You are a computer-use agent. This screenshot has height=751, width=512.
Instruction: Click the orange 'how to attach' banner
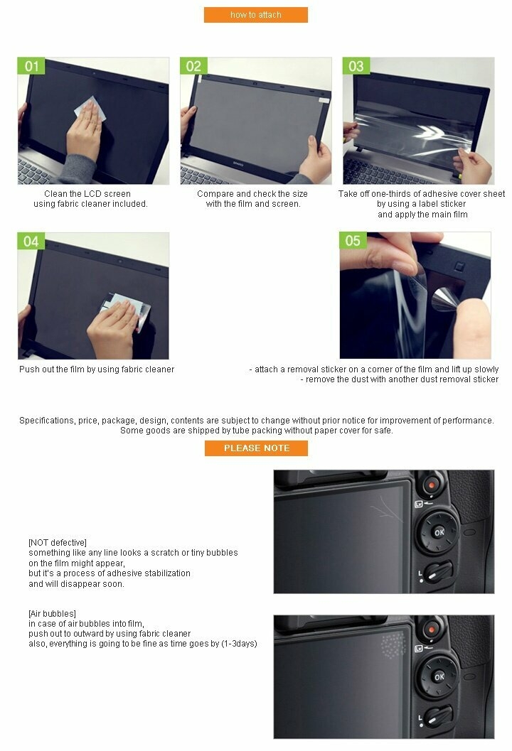pos(255,15)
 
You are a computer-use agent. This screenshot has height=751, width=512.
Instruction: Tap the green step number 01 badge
pos(31,65)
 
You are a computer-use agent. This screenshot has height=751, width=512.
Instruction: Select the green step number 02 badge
pos(193,65)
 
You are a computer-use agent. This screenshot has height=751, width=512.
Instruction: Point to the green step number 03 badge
pos(356,65)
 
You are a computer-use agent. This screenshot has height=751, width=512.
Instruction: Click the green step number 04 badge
pos(31,241)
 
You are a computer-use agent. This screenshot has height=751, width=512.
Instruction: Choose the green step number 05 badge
pos(353,240)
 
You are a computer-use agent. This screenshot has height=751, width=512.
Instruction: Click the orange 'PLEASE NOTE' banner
pos(256,448)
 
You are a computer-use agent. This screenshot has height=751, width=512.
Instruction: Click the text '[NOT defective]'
pos(58,543)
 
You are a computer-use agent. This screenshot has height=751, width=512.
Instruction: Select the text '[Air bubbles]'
pos(52,614)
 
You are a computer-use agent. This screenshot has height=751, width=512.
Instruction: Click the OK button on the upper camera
pos(439,532)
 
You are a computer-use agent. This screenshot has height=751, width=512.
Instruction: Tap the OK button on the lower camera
pos(439,677)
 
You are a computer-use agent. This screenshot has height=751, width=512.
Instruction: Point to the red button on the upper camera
pos(431,485)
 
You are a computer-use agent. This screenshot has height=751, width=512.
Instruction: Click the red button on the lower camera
pos(431,630)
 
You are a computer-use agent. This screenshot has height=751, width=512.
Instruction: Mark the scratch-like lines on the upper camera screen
pos(387,509)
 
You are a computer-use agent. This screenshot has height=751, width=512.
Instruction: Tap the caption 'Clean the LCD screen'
pos(87,193)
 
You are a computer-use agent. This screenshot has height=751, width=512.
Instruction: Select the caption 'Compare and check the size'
pos(252,193)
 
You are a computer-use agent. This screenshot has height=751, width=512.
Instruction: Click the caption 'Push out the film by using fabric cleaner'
pos(97,369)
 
